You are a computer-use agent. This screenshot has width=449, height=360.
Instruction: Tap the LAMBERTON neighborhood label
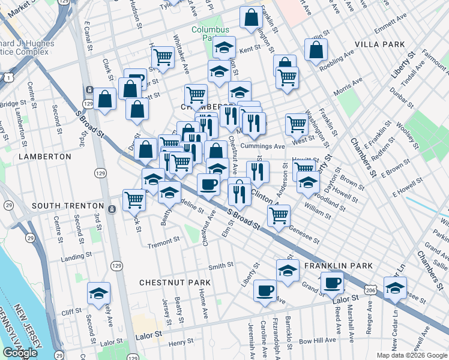click(45, 156)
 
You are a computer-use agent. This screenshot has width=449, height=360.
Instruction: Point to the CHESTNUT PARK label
click(175, 282)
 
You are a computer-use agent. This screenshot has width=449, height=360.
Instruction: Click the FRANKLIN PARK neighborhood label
click(339, 266)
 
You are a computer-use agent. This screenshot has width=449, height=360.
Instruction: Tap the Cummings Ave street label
click(262, 146)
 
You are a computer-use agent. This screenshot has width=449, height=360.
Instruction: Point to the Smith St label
click(220, 266)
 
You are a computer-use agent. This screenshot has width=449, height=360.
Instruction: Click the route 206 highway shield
click(372, 290)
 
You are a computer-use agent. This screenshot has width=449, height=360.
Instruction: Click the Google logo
click(20, 353)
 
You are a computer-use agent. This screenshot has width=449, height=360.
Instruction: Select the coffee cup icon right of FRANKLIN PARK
click(331, 283)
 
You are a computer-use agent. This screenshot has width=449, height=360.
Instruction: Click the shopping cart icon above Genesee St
click(278, 216)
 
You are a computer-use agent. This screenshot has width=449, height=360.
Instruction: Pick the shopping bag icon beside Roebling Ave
click(315, 50)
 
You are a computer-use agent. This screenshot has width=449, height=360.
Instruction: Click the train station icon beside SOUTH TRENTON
click(112, 208)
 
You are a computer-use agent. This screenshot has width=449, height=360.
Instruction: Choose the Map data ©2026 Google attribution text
click(411, 355)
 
